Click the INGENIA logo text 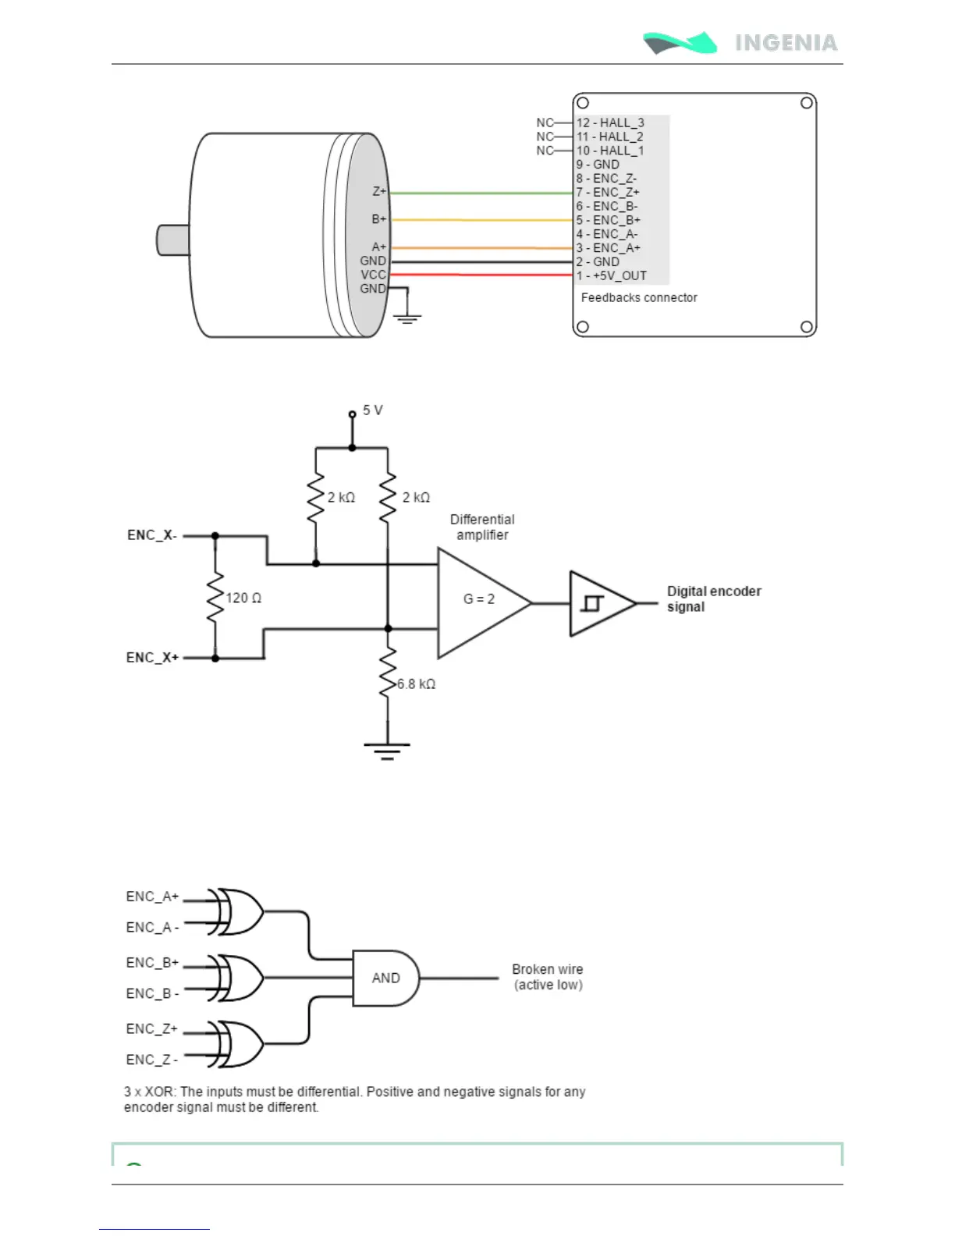click(x=786, y=43)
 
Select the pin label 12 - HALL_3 click(x=609, y=123)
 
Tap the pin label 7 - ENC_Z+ click(x=608, y=192)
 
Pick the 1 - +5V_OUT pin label click(x=612, y=276)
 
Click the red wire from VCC click(x=481, y=275)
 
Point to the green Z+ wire click(x=481, y=194)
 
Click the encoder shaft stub click(x=173, y=240)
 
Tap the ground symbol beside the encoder click(x=406, y=318)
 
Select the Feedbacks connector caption click(x=639, y=297)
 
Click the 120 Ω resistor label click(x=243, y=598)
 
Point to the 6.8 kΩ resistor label click(x=417, y=684)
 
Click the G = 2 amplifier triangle click(x=485, y=603)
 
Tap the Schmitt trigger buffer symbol click(x=603, y=603)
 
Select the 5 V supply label click(x=372, y=410)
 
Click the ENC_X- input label click(x=152, y=535)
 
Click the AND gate click(x=385, y=978)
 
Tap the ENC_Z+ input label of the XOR click(x=152, y=1028)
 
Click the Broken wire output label click(x=548, y=977)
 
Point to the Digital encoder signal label click(x=714, y=599)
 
